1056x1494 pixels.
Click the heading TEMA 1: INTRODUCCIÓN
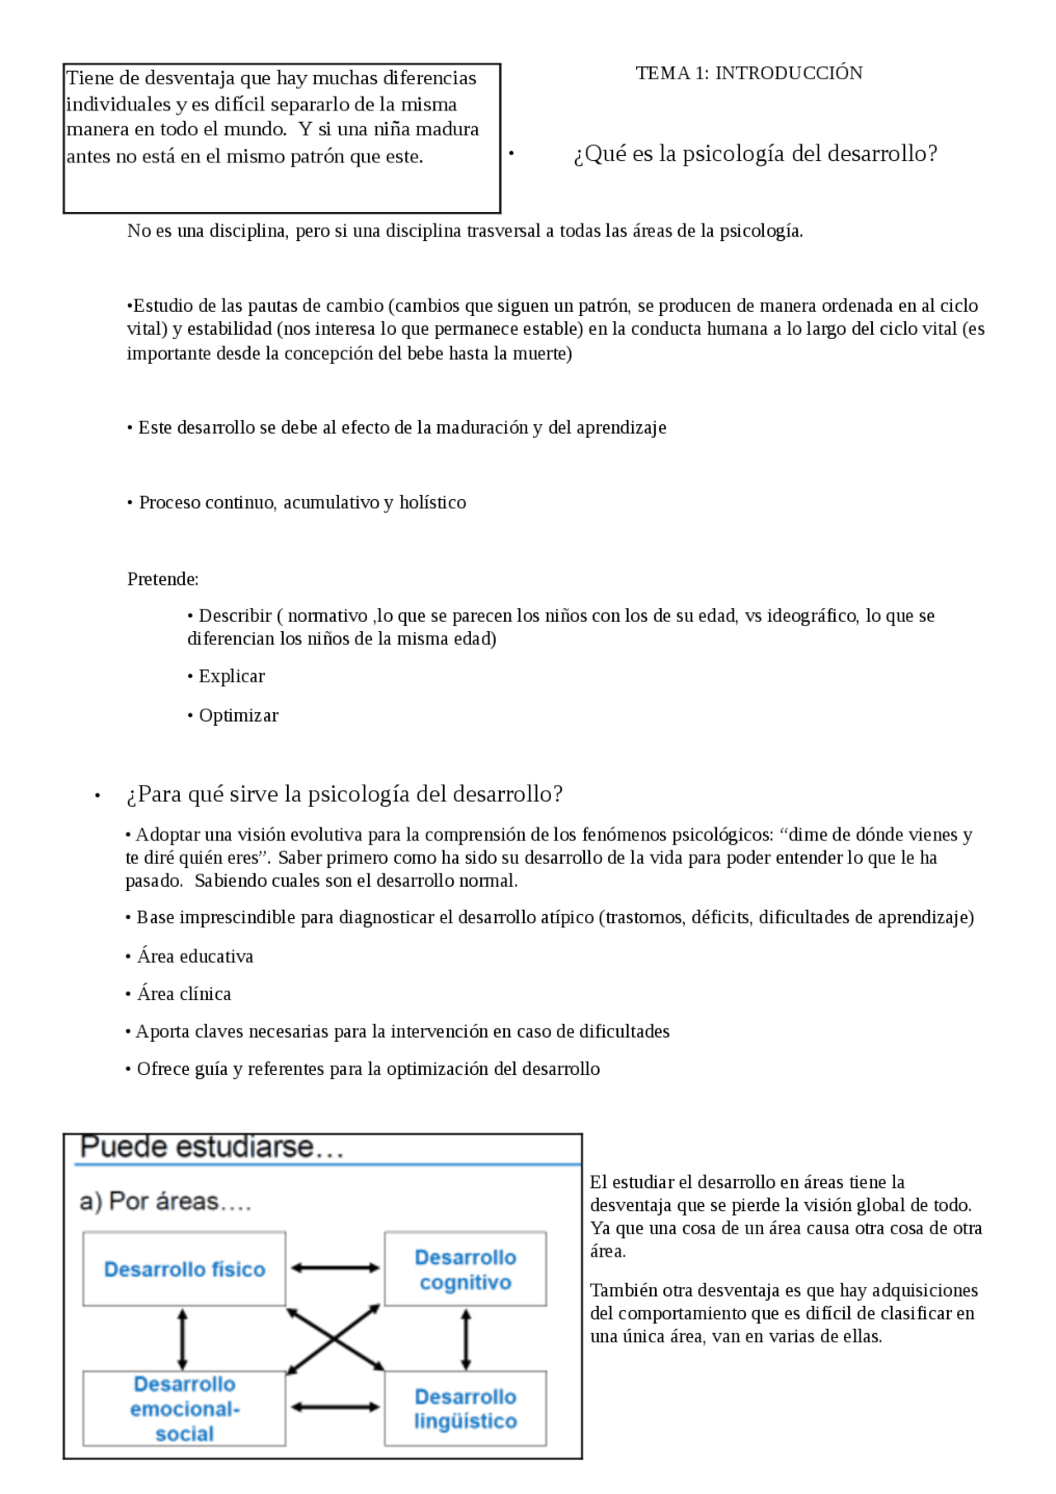tap(748, 73)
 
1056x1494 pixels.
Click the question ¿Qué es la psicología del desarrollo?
tap(755, 154)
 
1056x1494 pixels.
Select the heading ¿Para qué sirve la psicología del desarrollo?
tap(344, 794)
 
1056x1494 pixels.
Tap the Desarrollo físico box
tap(184, 1270)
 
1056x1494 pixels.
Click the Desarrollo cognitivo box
tap(465, 1270)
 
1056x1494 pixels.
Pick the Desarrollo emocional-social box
tap(184, 1409)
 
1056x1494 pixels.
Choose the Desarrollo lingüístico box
tap(465, 1409)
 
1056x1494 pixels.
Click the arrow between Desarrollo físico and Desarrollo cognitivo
tap(335, 1268)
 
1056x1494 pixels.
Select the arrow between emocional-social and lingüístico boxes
tap(335, 1407)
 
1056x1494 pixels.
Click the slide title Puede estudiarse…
tap(211, 1148)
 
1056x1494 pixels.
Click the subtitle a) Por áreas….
tap(165, 1202)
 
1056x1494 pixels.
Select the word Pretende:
tap(163, 579)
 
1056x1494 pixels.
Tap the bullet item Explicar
tap(231, 676)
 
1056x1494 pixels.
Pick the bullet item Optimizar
tap(238, 716)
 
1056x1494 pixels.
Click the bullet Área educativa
tap(195, 957)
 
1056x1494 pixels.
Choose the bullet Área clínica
tap(184, 994)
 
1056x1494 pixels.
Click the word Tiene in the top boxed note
tap(90, 78)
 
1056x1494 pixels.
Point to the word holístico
tap(432, 503)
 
